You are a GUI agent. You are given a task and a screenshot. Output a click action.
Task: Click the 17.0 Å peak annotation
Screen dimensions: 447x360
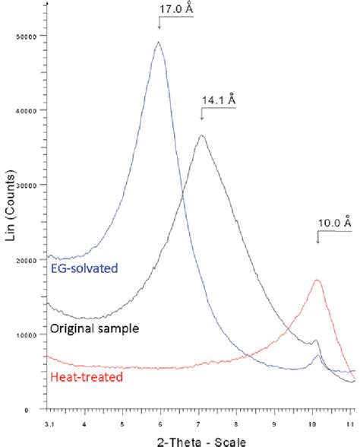tap(171, 10)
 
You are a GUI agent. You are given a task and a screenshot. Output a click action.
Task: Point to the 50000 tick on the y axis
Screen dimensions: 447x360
tap(33, 36)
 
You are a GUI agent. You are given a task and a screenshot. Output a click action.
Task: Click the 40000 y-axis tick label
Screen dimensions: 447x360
tap(33, 111)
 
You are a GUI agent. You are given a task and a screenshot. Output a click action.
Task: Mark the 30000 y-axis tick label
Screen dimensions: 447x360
tap(33, 185)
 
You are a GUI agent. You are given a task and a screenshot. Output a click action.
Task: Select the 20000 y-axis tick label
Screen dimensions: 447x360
tap(33, 260)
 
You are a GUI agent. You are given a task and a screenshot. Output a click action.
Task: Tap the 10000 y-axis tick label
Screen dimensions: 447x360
tap(33, 334)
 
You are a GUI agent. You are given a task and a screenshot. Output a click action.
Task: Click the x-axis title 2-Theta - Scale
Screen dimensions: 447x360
tap(200, 439)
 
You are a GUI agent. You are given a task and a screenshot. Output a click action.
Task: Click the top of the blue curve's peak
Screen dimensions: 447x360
tap(159, 42)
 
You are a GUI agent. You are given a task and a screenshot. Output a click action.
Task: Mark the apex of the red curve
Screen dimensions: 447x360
tap(317, 280)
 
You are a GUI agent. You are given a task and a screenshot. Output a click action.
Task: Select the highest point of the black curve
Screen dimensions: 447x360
tap(201, 135)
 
